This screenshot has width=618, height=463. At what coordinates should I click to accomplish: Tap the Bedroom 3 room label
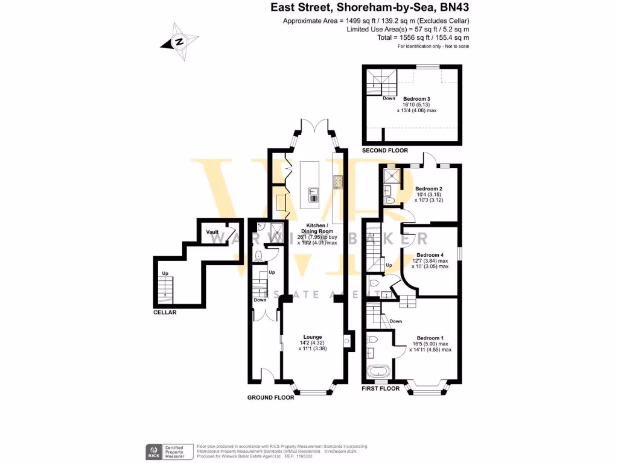click(x=416, y=99)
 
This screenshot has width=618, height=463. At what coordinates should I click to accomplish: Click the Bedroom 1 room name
click(x=430, y=338)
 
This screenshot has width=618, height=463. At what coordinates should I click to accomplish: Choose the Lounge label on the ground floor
click(x=313, y=337)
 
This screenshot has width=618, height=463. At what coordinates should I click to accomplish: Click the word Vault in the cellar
click(x=212, y=232)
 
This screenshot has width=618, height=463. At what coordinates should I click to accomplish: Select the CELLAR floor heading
click(x=165, y=312)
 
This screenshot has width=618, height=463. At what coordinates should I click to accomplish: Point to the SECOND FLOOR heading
click(x=384, y=150)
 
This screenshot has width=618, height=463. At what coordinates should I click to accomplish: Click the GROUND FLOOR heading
click(x=271, y=397)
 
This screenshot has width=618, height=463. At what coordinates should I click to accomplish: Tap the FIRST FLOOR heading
click(x=380, y=389)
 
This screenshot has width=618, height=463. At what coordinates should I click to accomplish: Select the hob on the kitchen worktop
click(x=337, y=180)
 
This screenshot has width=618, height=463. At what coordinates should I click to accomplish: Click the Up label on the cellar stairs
click(x=164, y=274)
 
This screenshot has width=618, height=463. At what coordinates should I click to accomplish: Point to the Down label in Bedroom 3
click(x=389, y=98)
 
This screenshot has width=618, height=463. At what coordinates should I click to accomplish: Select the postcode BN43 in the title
click(x=454, y=8)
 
